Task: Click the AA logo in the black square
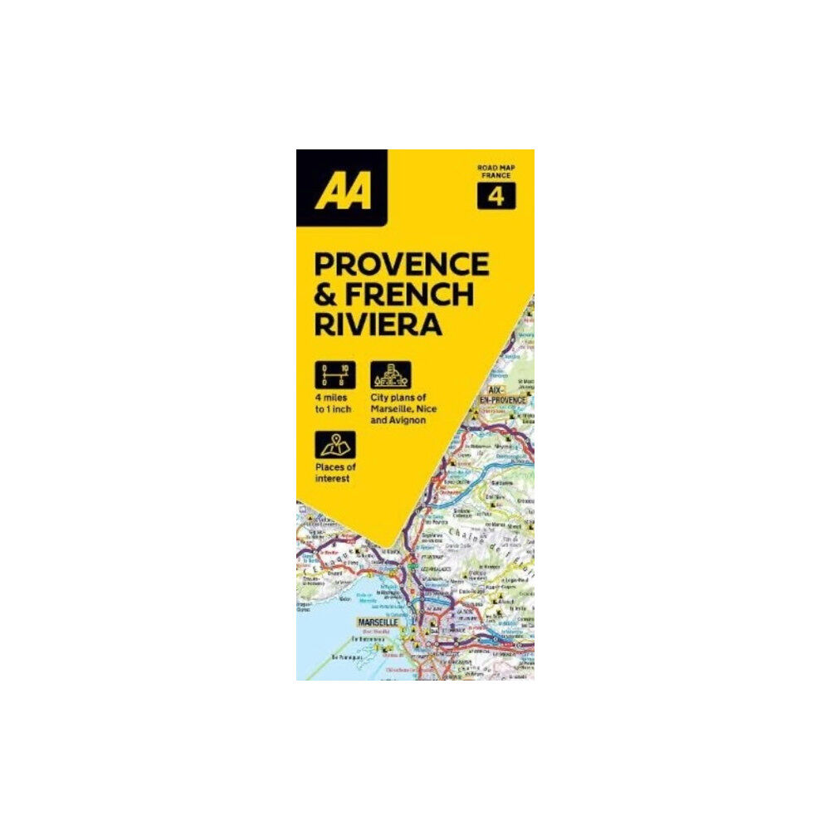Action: pos(342,188)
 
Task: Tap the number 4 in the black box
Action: pos(496,197)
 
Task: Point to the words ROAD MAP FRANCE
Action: pos(496,173)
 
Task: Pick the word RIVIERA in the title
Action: pos(378,324)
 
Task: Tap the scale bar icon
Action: pos(334,374)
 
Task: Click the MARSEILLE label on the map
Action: pos(378,622)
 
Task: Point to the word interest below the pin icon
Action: pos(334,480)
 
